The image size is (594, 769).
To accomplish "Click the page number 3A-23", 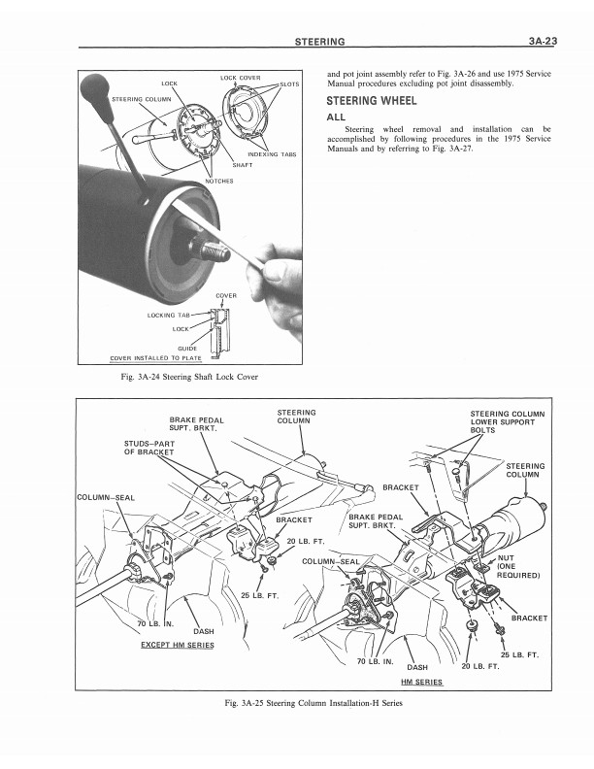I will coord(537,42).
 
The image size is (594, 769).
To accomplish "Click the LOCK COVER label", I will coord(240,76).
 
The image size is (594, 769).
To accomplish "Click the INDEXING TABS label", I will coord(273,154).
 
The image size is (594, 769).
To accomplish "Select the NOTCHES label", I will coord(220,182).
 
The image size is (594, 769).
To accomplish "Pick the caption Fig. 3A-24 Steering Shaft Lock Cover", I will coord(187,376).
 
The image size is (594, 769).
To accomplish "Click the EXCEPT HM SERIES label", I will coord(178,645).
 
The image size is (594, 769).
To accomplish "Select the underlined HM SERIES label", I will coord(422,682).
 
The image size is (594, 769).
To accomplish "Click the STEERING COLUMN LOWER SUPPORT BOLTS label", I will coord(507,422).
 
